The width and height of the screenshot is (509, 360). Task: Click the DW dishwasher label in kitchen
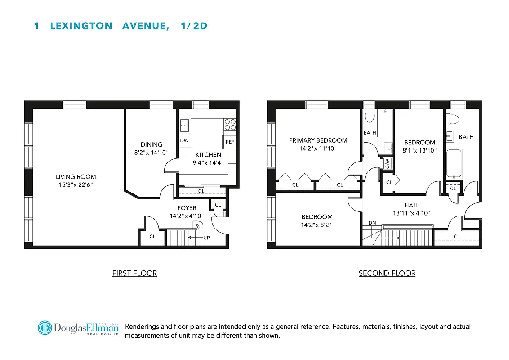point(184,140)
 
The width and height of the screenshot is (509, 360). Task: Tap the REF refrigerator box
point(230,141)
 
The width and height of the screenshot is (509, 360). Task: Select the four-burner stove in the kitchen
point(230,124)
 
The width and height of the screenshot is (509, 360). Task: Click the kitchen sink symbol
point(184,125)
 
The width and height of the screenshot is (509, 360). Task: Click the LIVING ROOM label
point(76,177)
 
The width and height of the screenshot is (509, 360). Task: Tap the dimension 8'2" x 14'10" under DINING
point(152,153)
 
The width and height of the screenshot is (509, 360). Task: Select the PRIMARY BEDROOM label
point(318,140)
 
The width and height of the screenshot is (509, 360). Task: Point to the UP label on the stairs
point(206,237)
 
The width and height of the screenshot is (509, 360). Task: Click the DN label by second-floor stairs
point(372,223)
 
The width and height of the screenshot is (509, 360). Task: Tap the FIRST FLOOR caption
point(134,273)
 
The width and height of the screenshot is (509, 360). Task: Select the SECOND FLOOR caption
point(387,273)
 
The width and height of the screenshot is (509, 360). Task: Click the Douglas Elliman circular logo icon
point(45,328)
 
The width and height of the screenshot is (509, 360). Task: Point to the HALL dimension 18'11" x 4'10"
point(411,213)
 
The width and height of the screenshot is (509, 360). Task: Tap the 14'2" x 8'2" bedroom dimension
point(317,225)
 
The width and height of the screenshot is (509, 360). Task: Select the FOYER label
point(187,208)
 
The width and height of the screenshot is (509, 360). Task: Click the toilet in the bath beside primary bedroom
point(369,117)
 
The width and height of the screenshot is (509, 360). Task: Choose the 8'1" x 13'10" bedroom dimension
point(420,151)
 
